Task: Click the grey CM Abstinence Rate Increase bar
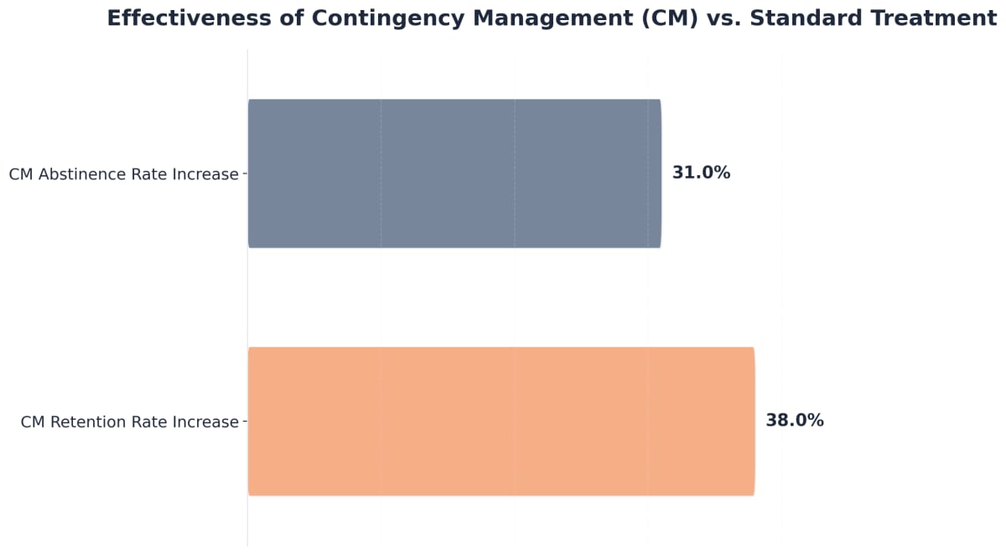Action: click(x=454, y=173)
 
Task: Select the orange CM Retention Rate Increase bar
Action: click(x=501, y=421)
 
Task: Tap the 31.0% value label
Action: click(x=701, y=173)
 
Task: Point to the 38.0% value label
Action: click(x=794, y=421)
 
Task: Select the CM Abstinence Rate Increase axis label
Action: click(x=123, y=175)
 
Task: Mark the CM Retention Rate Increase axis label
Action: click(x=129, y=422)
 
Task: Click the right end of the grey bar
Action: click(x=660, y=173)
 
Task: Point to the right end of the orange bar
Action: click(x=754, y=421)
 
